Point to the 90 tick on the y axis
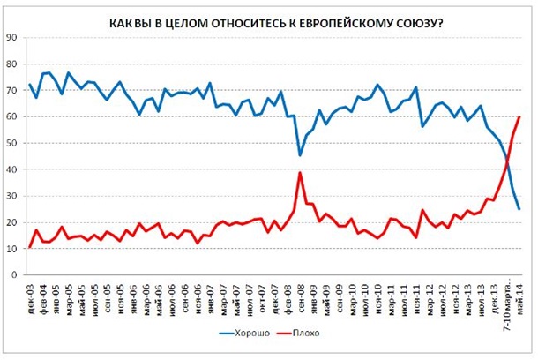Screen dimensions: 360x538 (11, 37)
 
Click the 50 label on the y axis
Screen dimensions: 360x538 (11, 143)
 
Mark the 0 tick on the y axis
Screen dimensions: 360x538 (14, 275)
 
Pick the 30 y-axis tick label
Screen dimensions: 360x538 (11, 196)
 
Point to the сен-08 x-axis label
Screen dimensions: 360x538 (301, 295)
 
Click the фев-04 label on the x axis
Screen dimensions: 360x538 (42, 295)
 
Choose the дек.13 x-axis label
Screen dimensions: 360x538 (493, 295)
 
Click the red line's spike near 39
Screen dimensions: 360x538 (301, 172)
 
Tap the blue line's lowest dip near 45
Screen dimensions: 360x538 (301, 155)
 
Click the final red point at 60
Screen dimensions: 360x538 (519, 116)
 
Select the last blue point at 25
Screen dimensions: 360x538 (519, 209)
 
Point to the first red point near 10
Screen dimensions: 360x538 (30, 248)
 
